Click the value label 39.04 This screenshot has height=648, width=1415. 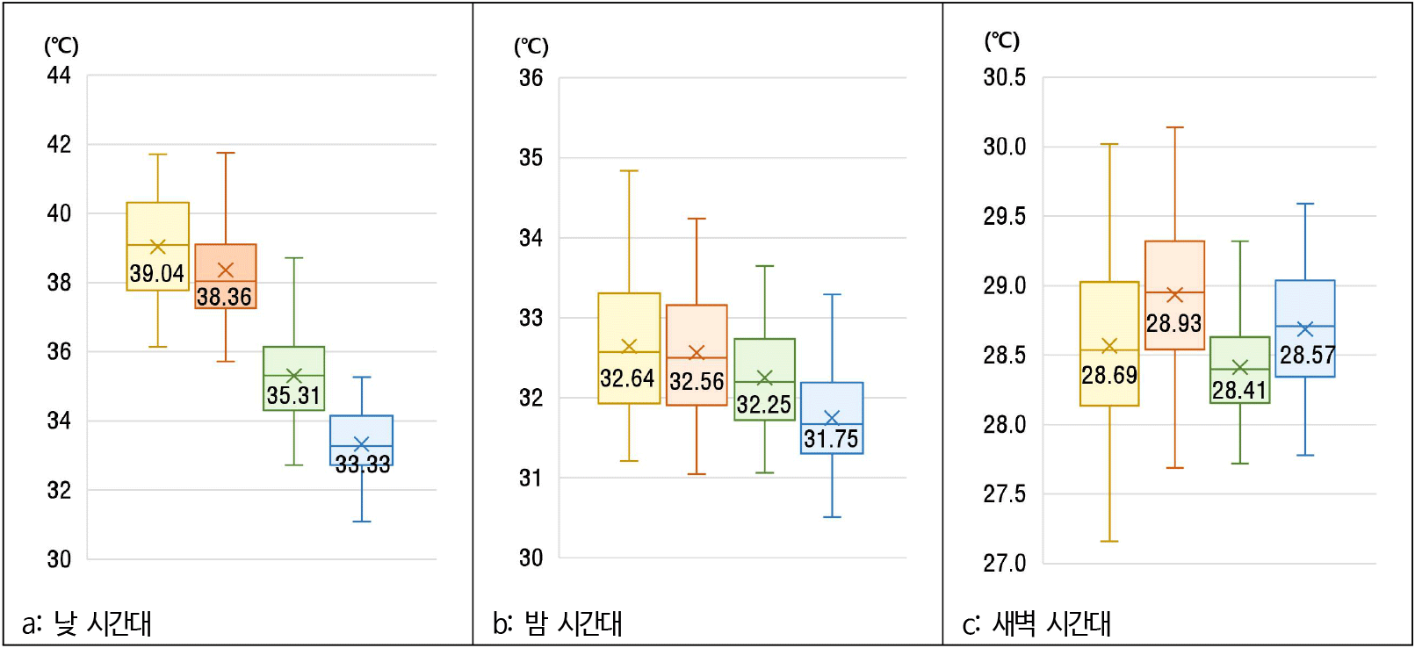coord(157,274)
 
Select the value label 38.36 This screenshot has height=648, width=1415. coord(224,298)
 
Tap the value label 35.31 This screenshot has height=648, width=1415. coord(293,396)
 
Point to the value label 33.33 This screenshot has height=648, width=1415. coord(362,464)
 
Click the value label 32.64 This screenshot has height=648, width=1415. coord(627,379)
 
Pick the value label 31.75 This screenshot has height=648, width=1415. coord(831,439)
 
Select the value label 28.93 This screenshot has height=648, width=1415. coord(1173,324)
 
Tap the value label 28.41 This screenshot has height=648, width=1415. coord(1238,390)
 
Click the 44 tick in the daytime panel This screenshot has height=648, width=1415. coord(59,76)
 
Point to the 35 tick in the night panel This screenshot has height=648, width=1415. coord(531,158)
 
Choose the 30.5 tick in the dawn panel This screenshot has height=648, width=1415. coord(1004,77)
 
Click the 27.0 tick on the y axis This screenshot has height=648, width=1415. coord(1004,563)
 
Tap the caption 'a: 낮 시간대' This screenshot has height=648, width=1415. coord(87,623)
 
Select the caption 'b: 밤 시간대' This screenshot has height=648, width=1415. coord(557,623)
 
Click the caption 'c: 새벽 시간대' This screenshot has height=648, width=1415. coord(1036,623)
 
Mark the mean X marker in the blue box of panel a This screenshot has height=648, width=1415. coord(361,444)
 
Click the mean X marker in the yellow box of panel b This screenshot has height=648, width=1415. coord(629,346)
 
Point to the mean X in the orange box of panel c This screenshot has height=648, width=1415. coord(1174,295)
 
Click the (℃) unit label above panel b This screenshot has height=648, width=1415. coord(531,47)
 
